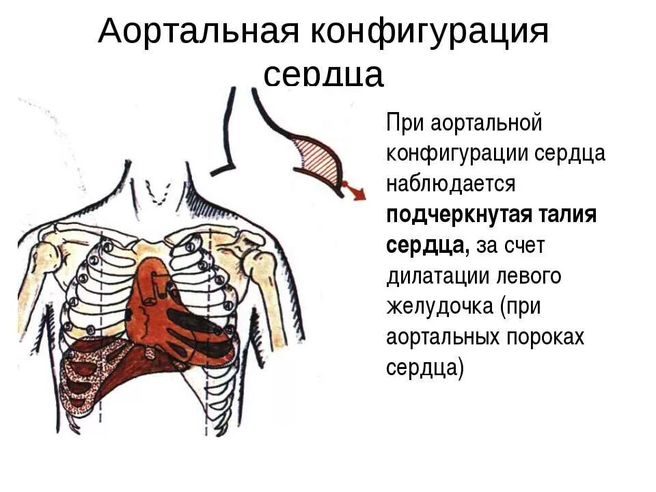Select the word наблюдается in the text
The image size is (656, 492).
click(x=450, y=184)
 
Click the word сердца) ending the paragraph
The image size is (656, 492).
click(x=424, y=368)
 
